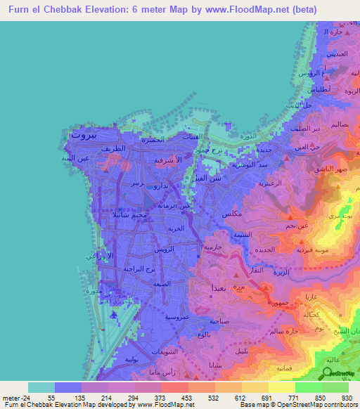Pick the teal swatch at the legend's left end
[41, 387]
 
